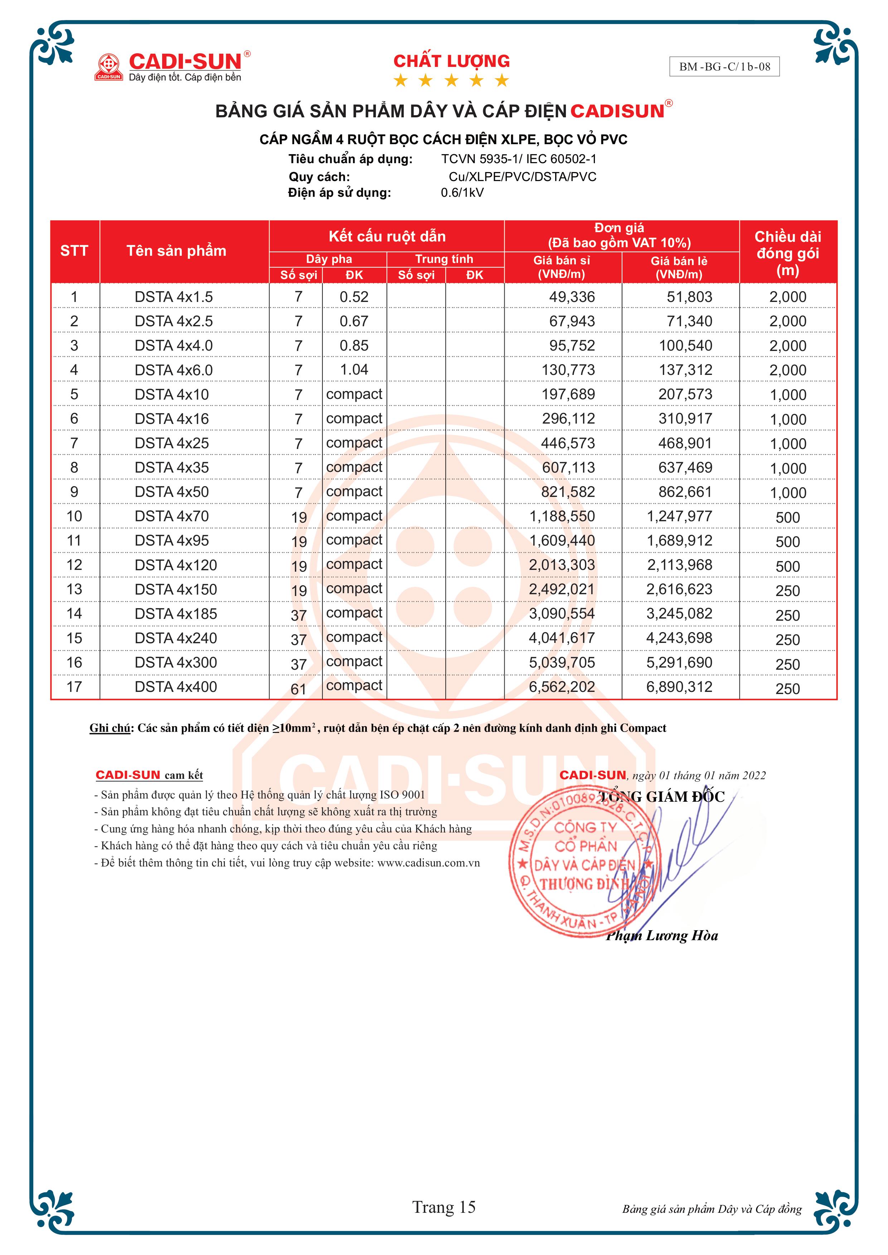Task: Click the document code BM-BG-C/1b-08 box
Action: click(x=724, y=67)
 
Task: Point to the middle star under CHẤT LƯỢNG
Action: click(x=451, y=81)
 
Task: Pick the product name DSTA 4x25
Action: click(x=172, y=443)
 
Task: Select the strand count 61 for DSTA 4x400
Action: click(x=299, y=689)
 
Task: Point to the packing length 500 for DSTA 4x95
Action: click(x=787, y=542)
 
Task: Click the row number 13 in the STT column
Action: click(x=74, y=589)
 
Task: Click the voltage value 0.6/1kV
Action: click(x=462, y=192)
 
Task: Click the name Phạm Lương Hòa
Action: click(x=662, y=936)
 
